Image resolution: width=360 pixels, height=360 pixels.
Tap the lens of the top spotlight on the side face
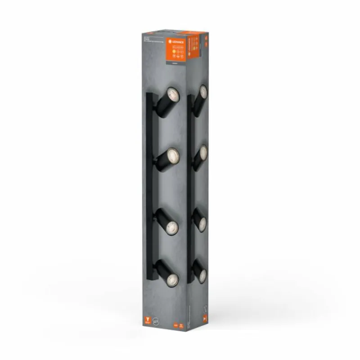[203, 93]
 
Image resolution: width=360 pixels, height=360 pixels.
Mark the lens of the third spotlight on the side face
[202, 224]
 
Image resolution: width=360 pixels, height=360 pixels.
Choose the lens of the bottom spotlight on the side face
[202, 275]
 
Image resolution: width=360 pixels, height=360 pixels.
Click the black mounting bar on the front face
[149, 189]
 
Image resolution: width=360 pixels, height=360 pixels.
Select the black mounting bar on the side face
[190, 189]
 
